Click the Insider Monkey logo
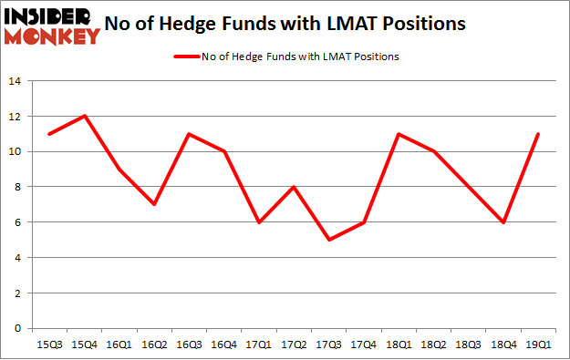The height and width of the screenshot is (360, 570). tap(52, 26)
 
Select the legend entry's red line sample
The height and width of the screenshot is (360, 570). tap(187, 57)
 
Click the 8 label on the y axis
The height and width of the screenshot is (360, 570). tap(17, 187)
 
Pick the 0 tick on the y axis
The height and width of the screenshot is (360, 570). tap(17, 328)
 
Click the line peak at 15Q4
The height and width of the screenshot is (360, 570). tap(85, 117)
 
